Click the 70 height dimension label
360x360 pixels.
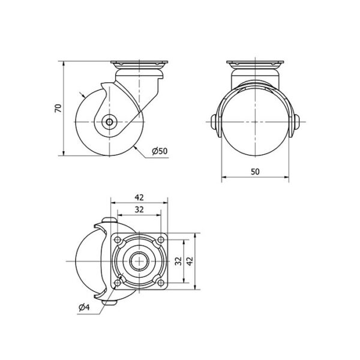(x=59, y=108)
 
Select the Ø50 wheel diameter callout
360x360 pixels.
(x=160, y=151)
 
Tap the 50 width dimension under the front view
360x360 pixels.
(x=255, y=172)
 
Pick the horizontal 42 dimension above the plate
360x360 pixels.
(x=139, y=197)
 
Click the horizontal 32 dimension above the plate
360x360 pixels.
(x=139, y=209)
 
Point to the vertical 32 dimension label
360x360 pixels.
(x=178, y=261)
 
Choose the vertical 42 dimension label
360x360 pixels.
(x=190, y=261)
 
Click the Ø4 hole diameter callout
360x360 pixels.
(x=84, y=307)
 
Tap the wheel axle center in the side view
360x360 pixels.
(x=110, y=122)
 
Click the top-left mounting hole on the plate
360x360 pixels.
(x=118, y=240)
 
